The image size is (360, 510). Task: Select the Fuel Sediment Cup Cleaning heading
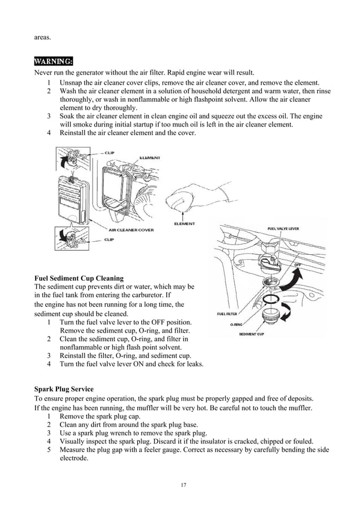[79, 278]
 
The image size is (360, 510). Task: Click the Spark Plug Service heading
[64, 389]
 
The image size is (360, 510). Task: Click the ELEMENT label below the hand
[185, 223]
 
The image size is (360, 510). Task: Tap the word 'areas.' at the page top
[42, 38]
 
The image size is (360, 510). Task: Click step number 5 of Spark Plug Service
[50, 450]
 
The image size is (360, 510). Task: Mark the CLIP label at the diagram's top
[110, 152]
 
